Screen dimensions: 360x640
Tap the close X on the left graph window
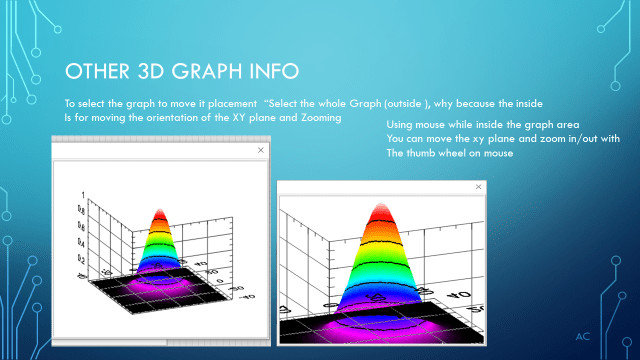click(x=261, y=150)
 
